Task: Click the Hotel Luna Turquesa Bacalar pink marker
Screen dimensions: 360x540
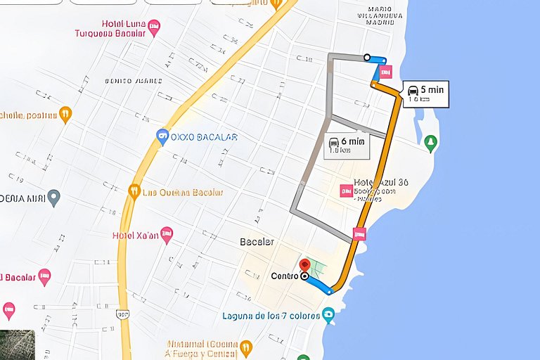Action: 155,27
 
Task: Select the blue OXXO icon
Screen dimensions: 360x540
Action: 163,136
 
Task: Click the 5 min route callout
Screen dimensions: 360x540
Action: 426,93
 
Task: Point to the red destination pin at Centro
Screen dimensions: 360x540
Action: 304,266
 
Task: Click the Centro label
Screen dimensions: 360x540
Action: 285,276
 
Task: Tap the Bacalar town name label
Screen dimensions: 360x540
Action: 257,242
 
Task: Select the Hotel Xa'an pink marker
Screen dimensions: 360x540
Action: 167,234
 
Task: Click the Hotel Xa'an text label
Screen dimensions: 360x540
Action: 135,236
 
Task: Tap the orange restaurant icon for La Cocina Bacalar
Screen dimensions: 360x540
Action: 134,191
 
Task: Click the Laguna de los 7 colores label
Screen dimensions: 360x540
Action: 270,315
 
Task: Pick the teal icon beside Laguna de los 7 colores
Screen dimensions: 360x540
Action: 328,314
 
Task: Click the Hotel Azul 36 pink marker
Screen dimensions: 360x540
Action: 346,191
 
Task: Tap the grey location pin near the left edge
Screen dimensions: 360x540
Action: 54,198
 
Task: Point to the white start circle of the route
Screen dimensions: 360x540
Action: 367,57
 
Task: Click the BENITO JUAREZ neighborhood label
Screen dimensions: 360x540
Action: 129,82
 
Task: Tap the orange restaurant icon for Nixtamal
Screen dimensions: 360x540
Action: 245,347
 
